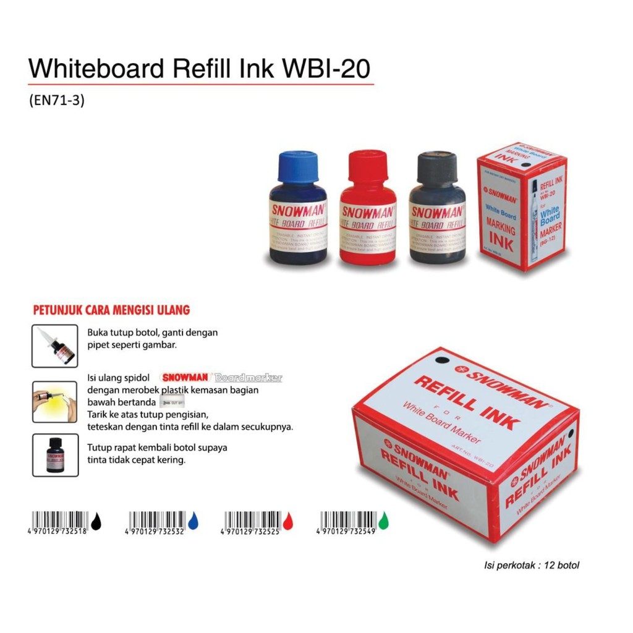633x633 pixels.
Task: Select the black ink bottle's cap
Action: click(x=436, y=165)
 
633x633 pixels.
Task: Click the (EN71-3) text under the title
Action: click(x=56, y=100)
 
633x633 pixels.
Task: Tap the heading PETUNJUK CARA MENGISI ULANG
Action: click(x=111, y=310)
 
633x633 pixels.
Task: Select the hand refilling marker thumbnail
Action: click(x=55, y=402)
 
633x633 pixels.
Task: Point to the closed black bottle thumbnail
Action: click(x=55, y=455)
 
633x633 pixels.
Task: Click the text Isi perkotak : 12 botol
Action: click(x=531, y=565)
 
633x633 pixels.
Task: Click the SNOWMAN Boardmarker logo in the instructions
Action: click(x=221, y=377)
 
